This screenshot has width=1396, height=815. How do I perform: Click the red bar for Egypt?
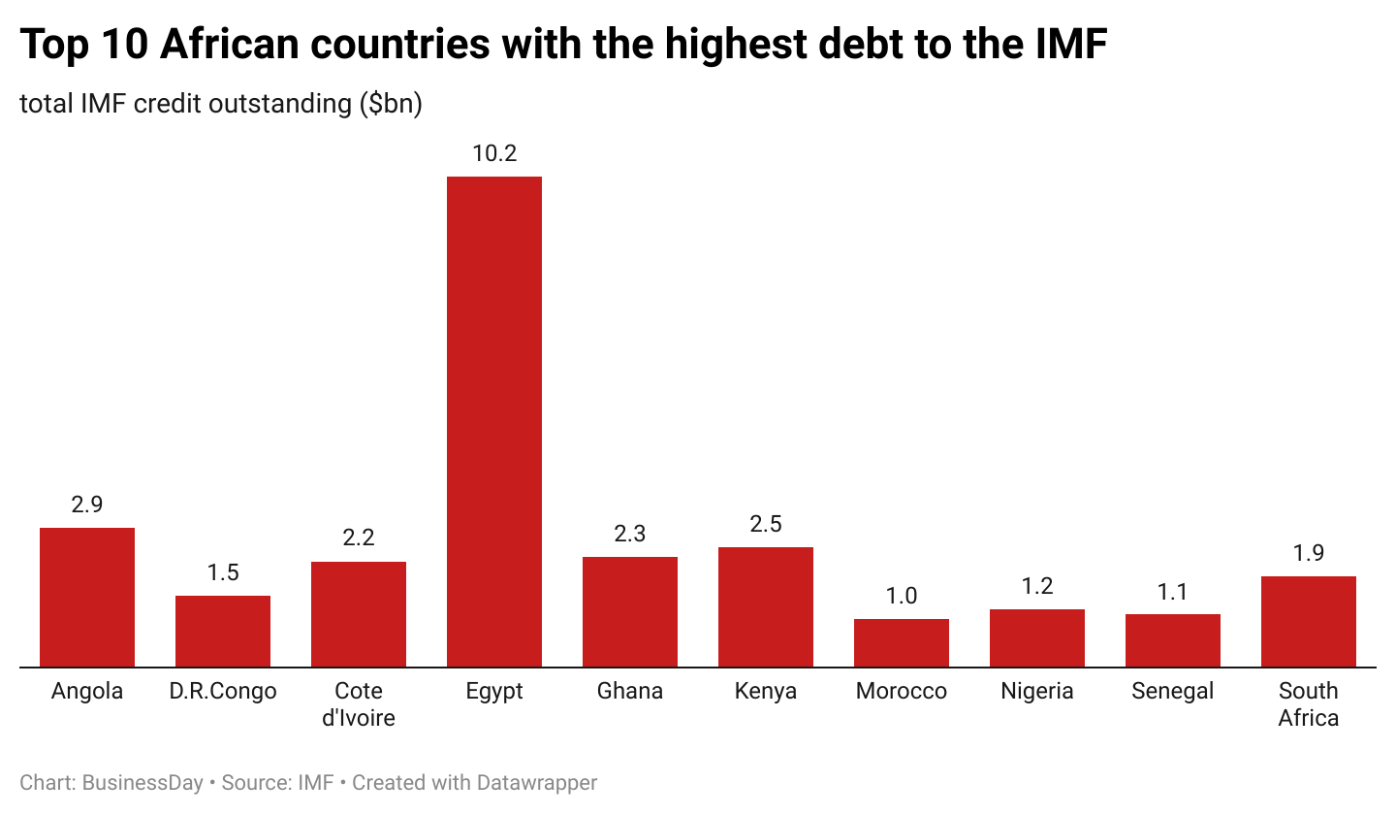pos(494,422)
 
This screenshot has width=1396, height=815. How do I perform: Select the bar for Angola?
pos(87,598)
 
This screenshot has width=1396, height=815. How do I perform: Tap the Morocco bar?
pos(902,643)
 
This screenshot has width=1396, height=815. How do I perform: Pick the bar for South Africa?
pos(1309,622)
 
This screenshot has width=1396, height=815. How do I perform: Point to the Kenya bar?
pos(766,607)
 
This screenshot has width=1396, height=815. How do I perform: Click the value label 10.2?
pos(494,153)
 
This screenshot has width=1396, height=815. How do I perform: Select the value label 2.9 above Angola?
pos(87,505)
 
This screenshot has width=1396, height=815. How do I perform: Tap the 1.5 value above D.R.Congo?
pos(223,572)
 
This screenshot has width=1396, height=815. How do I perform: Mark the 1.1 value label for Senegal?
pos(1173,591)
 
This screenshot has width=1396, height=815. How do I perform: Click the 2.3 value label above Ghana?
pos(630,534)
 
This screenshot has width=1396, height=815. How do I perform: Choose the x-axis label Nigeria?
pos(1037,691)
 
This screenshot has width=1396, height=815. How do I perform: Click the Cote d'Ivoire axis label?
pos(359,704)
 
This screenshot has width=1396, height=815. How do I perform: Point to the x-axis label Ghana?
pos(630,691)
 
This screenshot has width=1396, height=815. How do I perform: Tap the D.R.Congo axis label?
pos(223,691)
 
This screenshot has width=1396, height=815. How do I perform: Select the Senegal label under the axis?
pos(1173,691)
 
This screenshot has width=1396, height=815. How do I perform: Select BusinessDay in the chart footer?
pos(143,783)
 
